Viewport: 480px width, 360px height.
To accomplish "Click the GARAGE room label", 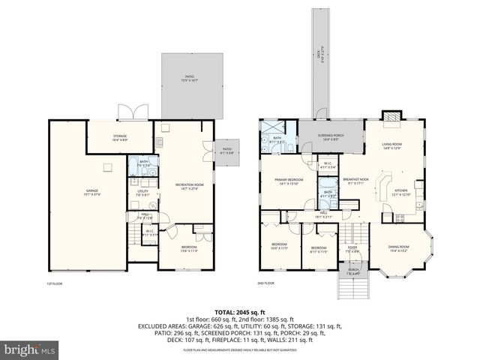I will click(x=91, y=191).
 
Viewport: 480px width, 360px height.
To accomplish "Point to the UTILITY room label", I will click(x=142, y=193).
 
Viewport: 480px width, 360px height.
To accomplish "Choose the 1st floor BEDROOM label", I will click(x=188, y=249).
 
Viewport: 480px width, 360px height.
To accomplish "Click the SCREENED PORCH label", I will click(x=331, y=136).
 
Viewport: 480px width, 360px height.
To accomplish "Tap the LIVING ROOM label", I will click(x=392, y=145).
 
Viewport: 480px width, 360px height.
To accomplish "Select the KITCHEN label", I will click(x=403, y=191).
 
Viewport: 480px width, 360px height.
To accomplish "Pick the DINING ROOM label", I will click(x=398, y=248).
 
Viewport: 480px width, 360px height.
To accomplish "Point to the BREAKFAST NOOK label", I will click(x=355, y=181).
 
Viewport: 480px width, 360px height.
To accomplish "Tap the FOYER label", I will click(x=352, y=247).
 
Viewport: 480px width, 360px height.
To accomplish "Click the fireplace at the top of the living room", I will click(x=391, y=116).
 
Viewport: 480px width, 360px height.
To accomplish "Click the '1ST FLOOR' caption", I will click(x=54, y=283).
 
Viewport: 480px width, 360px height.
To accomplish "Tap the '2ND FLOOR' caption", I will click(x=265, y=283).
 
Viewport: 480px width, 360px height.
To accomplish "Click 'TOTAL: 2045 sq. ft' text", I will click(x=239, y=310).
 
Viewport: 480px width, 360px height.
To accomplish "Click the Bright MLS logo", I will click(x=30, y=349).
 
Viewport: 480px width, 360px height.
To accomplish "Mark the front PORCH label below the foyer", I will click(x=352, y=271).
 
